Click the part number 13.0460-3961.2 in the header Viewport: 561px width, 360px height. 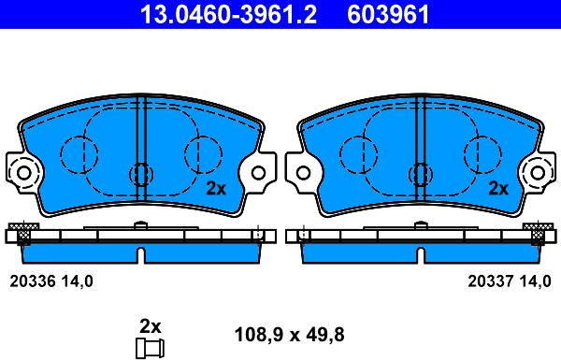click(228, 14)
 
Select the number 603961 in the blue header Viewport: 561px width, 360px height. click(388, 14)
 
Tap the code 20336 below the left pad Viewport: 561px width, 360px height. click(33, 281)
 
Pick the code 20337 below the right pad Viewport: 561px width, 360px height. click(491, 281)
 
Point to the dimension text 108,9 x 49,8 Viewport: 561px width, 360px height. click(289, 335)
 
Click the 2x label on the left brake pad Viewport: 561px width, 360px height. click(216, 188)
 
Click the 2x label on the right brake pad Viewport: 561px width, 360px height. click(498, 188)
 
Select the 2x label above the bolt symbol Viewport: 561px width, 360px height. click(150, 326)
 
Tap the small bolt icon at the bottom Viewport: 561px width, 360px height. click(150, 348)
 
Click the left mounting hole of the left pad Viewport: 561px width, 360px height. click(24, 173)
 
